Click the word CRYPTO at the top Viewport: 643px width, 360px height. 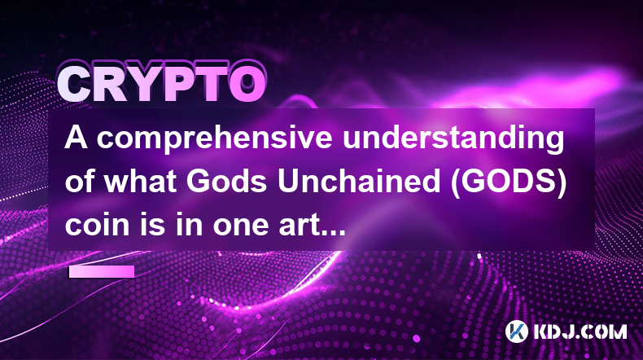pyautogui.click(x=161, y=83)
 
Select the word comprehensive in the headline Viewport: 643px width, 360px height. pyautogui.click(x=214, y=140)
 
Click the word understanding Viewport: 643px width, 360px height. pyautogui.click(x=453, y=140)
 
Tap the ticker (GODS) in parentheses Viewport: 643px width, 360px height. pyautogui.click(x=509, y=182)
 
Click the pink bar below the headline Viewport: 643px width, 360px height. pyautogui.click(x=102, y=272)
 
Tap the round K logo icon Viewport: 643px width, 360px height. pyautogui.click(x=517, y=331)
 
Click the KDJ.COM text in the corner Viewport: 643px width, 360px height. pyautogui.click(x=580, y=331)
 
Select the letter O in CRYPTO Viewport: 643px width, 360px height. pyautogui.click(x=247, y=83)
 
